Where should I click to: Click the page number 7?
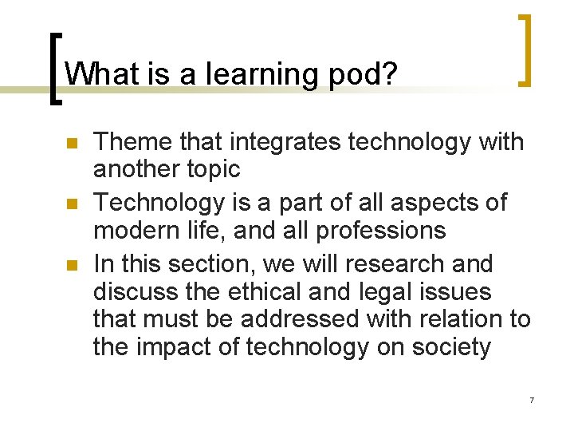coord(531,399)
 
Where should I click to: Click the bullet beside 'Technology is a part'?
coord(69,204)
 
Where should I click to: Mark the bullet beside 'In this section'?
coord(69,265)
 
